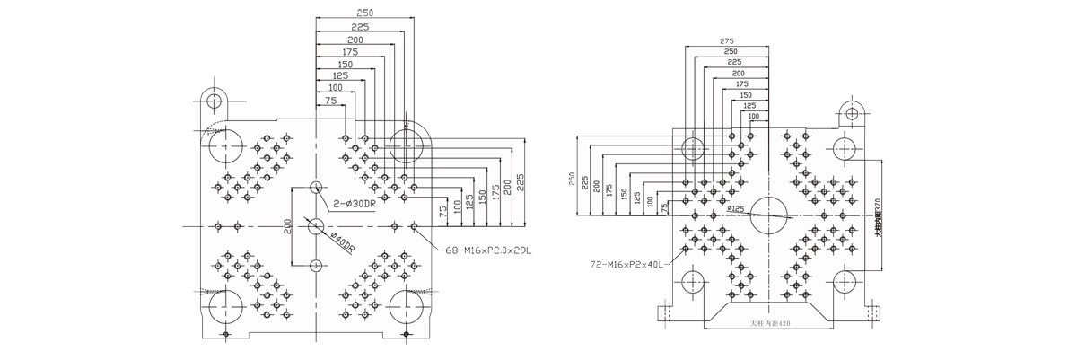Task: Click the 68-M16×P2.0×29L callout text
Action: (x=489, y=250)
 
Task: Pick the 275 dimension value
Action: (x=728, y=40)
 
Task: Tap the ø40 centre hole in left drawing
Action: (x=316, y=226)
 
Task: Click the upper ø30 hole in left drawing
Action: (x=316, y=188)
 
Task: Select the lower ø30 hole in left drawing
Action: (x=316, y=265)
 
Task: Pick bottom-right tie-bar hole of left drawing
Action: (x=407, y=309)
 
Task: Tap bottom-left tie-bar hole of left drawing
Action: (x=224, y=309)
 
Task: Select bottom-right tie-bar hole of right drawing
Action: (x=845, y=282)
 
